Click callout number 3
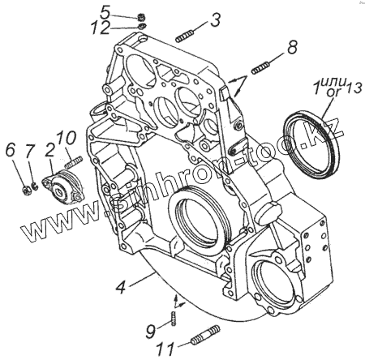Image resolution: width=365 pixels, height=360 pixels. [x=216, y=19]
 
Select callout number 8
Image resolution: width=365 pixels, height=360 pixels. [x=292, y=47]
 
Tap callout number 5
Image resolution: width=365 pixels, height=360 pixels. [x=105, y=12]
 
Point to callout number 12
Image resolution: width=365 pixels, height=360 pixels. [x=100, y=28]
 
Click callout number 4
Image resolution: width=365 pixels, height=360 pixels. [x=121, y=287]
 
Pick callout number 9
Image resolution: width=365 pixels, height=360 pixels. [x=151, y=331]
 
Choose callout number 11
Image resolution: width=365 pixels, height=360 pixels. [x=165, y=349]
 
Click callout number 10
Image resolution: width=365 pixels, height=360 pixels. [x=67, y=139]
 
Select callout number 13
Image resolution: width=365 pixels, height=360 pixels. [x=354, y=88]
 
